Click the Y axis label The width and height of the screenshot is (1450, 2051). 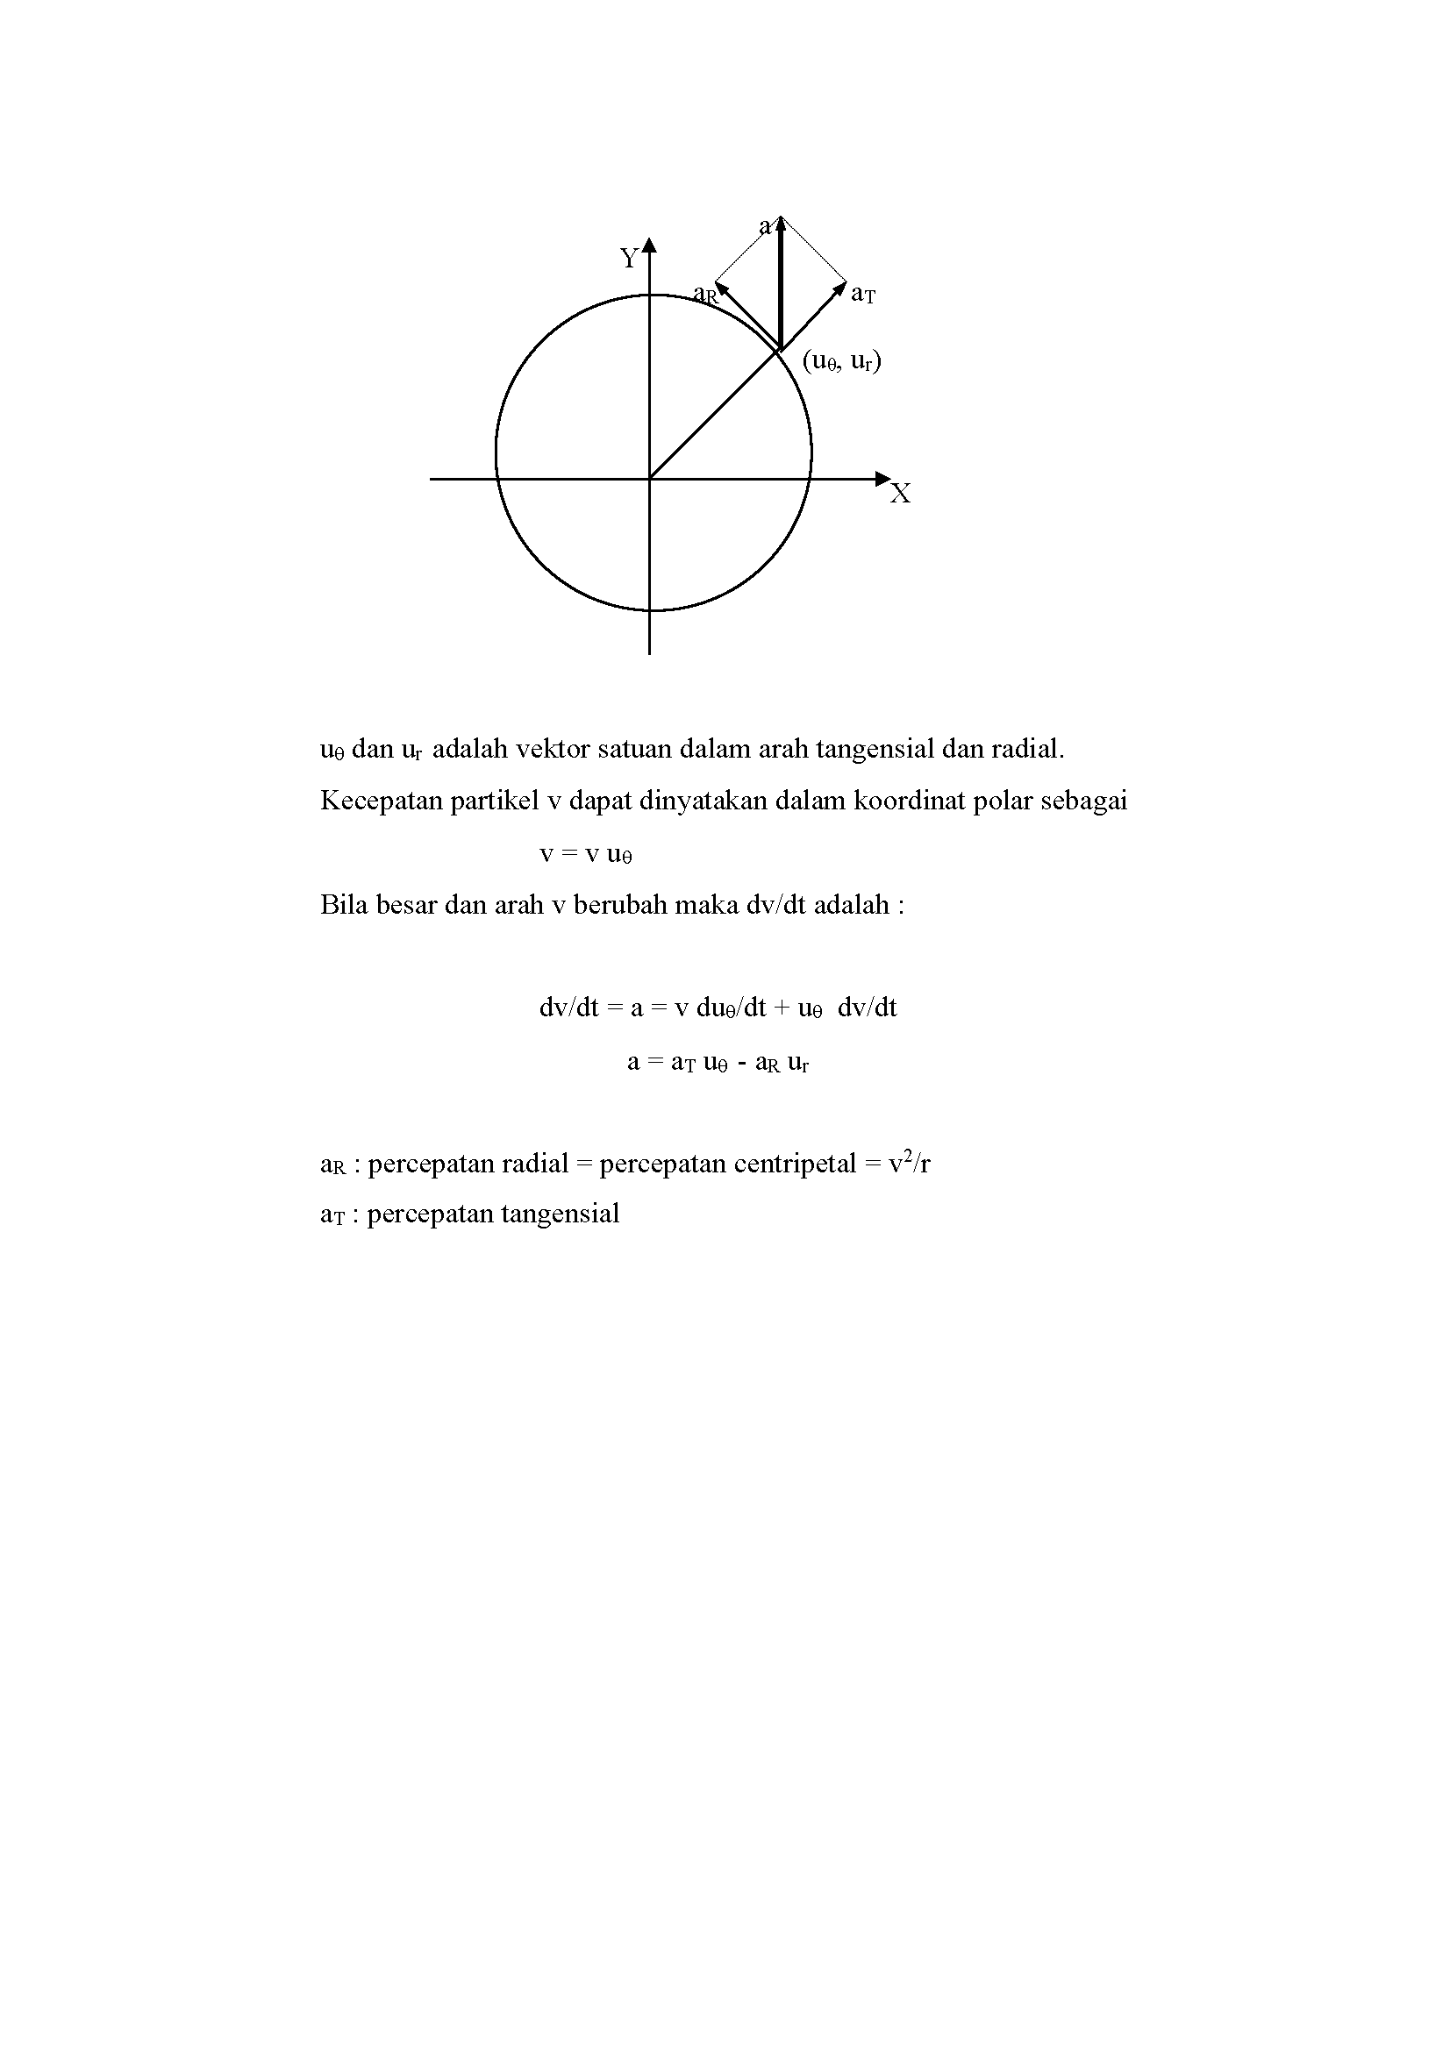coord(629,258)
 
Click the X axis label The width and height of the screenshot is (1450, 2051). coord(901,494)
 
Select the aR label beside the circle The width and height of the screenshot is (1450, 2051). coord(705,294)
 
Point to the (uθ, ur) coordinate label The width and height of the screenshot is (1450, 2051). coord(841,361)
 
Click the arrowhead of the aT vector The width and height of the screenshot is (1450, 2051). coord(840,288)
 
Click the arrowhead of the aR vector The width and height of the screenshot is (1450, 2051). coord(721,288)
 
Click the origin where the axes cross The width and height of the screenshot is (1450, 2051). coord(649,479)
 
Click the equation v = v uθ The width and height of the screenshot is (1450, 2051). coord(586,854)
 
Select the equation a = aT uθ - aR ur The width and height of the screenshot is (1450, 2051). coord(718,1062)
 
